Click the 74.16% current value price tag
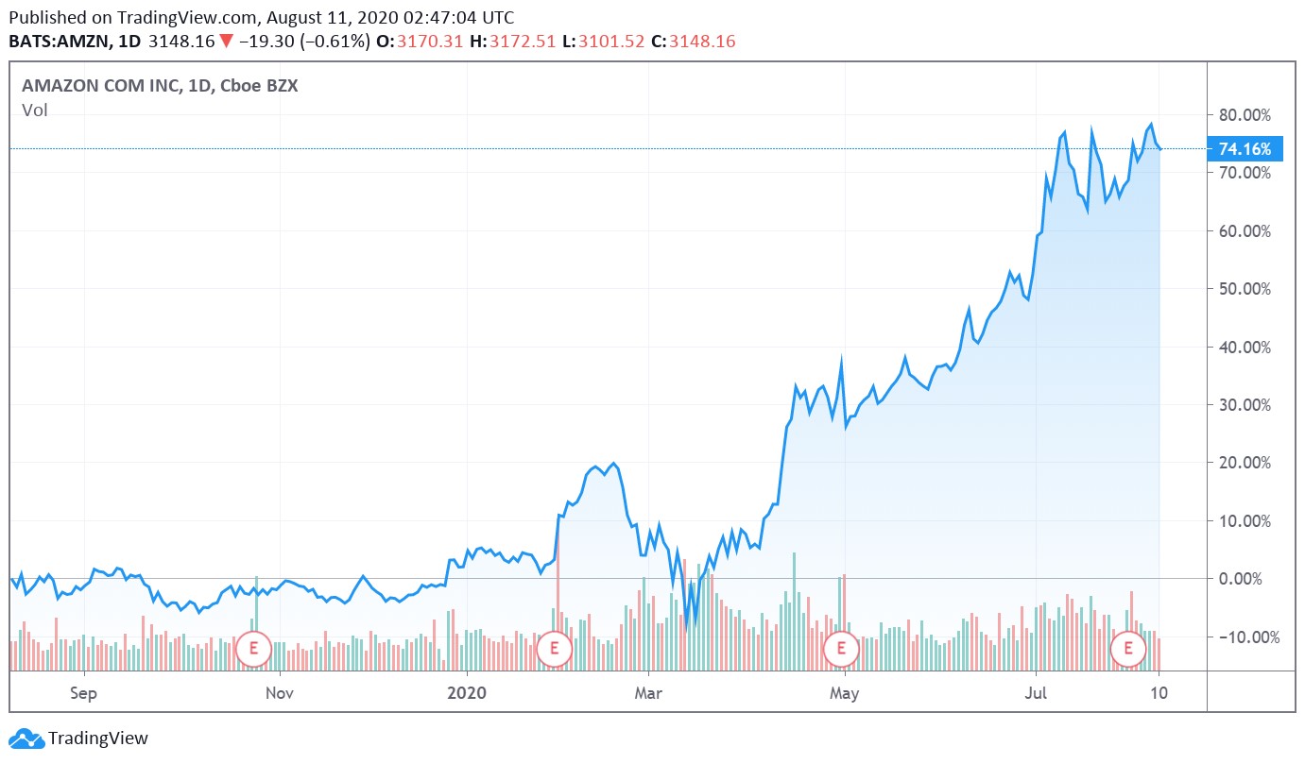click(1245, 149)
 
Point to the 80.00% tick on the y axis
click(1245, 115)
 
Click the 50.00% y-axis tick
click(1245, 289)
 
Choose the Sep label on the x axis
click(84, 693)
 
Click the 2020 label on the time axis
click(467, 693)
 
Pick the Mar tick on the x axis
click(647, 693)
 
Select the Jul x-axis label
click(1036, 693)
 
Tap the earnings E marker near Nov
click(252, 648)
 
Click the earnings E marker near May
click(840, 648)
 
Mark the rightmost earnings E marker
click(1127, 648)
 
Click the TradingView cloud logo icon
click(26, 739)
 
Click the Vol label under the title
click(35, 110)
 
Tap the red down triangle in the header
click(226, 42)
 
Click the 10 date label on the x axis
click(1159, 693)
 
